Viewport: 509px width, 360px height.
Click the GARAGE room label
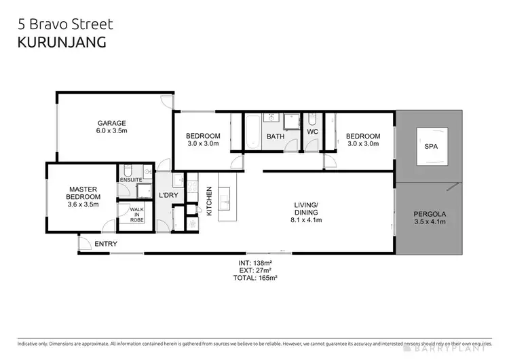point(111,123)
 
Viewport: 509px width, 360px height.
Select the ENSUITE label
point(131,179)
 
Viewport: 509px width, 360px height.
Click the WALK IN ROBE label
point(136,215)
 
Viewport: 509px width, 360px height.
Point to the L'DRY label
point(168,196)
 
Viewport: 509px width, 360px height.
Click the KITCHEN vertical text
point(209,202)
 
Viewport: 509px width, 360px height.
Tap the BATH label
point(276,137)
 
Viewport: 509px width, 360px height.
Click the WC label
point(313,132)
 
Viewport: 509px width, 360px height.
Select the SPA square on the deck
point(430,146)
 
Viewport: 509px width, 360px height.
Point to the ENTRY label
point(106,244)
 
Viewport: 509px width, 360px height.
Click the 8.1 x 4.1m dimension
point(307,220)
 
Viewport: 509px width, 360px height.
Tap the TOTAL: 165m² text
point(255,277)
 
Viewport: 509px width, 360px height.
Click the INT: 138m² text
point(255,262)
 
